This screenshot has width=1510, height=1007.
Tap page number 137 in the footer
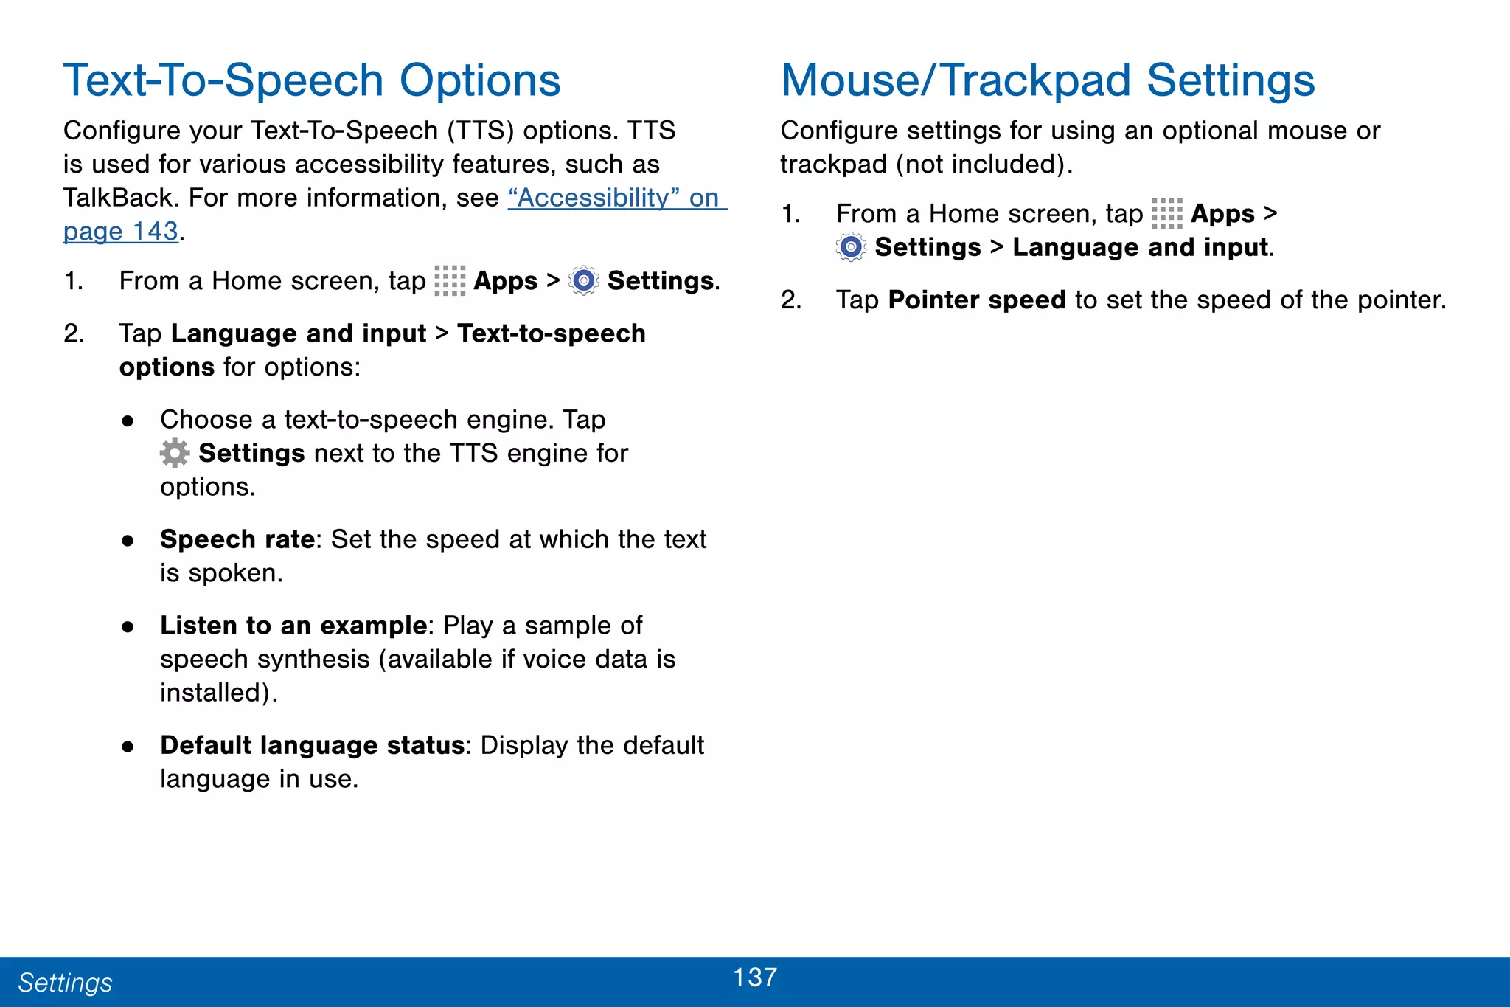tap(755, 977)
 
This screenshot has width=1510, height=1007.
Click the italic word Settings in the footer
tap(65, 983)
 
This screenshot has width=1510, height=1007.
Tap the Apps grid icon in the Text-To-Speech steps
tap(450, 281)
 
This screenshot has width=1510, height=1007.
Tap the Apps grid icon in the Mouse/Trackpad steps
tap(1166, 214)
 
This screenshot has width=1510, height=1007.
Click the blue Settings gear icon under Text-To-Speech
tap(584, 281)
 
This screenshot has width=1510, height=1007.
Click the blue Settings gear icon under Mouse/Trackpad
tap(851, 247)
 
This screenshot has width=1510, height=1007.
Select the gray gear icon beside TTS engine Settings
tap(175, 453)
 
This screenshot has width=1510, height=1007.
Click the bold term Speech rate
tap(237, 539)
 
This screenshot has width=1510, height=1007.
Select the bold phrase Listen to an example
tap(293, 626)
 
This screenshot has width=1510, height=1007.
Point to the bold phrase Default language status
tap(312, 745)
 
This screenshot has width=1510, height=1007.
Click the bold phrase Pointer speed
tap(976, 300)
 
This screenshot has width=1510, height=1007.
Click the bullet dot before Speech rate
tap(128, 541)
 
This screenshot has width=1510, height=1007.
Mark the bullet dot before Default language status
tap(128, 747)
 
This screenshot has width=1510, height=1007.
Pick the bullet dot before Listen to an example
tap(128, 627)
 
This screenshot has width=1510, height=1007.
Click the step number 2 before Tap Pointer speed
tap(790, 300)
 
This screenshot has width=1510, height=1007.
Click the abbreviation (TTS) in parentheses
tap(480, 131)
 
